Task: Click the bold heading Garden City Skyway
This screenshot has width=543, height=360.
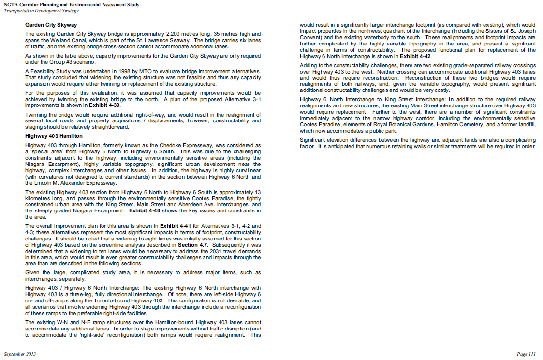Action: (51, 24)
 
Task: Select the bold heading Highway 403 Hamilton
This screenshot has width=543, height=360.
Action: (54, 136)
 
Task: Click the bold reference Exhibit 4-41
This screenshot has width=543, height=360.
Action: (175, 226)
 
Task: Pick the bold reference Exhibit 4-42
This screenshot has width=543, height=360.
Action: (422, 56)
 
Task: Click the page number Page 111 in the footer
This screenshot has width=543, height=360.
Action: (526, 354)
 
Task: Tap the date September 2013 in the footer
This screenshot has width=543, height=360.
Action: (20, 354)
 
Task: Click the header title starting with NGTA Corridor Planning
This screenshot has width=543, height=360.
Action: (71, 5)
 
